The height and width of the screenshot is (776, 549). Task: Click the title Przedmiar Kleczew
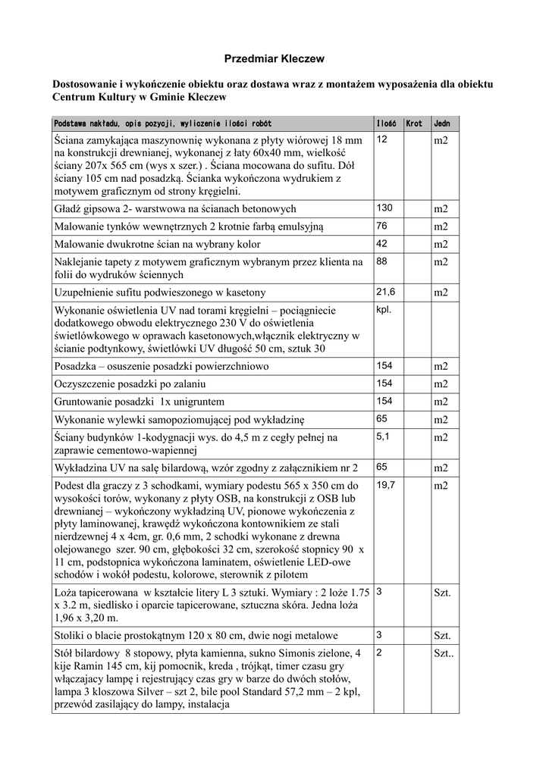tap(274, 58)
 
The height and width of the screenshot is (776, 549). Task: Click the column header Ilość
tap(386, 123)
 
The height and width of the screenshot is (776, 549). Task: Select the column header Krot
tap(414, 123)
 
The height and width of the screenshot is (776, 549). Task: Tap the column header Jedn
tap(441, 123)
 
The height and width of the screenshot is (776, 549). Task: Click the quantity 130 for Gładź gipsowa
tap(384, 208)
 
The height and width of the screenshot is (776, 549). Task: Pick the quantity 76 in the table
tap(381, 226)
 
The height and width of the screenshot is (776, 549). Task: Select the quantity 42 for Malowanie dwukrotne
tap(381, 243)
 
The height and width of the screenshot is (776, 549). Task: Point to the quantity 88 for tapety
tap(381, 261)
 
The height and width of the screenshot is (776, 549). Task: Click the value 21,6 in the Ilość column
tap(385, 291)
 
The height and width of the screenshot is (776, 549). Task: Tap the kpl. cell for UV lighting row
tap(384, 309)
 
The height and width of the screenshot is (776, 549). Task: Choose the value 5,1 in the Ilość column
tap(383, 436)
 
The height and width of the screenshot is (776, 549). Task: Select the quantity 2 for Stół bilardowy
tap(379, 652)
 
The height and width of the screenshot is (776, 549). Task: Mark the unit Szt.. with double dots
tap(443, 653)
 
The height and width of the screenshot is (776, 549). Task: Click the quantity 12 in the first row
tap(381, 140)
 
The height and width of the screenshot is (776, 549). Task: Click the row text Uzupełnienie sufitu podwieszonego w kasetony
tap(160, 293)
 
